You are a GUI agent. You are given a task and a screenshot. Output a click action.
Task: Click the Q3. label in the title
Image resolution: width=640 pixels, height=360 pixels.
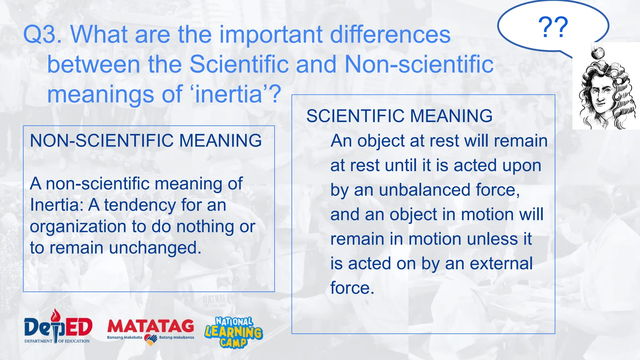click(42, 34)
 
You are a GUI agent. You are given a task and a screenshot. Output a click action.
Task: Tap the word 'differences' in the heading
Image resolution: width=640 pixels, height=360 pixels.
click(390, 34)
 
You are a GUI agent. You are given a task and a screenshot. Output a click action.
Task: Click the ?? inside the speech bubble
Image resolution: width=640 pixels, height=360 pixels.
click(553, 27)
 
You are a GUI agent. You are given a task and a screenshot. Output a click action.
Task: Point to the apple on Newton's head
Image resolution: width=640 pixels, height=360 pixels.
click(598, 52)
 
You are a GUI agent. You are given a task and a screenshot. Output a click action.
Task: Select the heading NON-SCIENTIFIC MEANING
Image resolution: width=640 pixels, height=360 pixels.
click(146, 141)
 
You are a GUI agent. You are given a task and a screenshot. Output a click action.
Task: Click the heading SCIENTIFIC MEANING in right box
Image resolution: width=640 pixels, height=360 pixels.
click(399, 116)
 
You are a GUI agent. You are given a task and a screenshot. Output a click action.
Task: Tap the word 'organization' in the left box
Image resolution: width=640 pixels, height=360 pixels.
click(78, 227)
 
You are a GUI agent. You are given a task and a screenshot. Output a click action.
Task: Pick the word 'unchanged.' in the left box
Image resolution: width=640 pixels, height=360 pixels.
click(155, 248)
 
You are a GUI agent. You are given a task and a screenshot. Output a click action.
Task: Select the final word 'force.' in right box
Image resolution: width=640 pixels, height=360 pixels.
click(352, 288)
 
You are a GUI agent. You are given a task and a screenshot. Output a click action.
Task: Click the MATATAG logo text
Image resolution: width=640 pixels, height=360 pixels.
click(150, 326)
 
